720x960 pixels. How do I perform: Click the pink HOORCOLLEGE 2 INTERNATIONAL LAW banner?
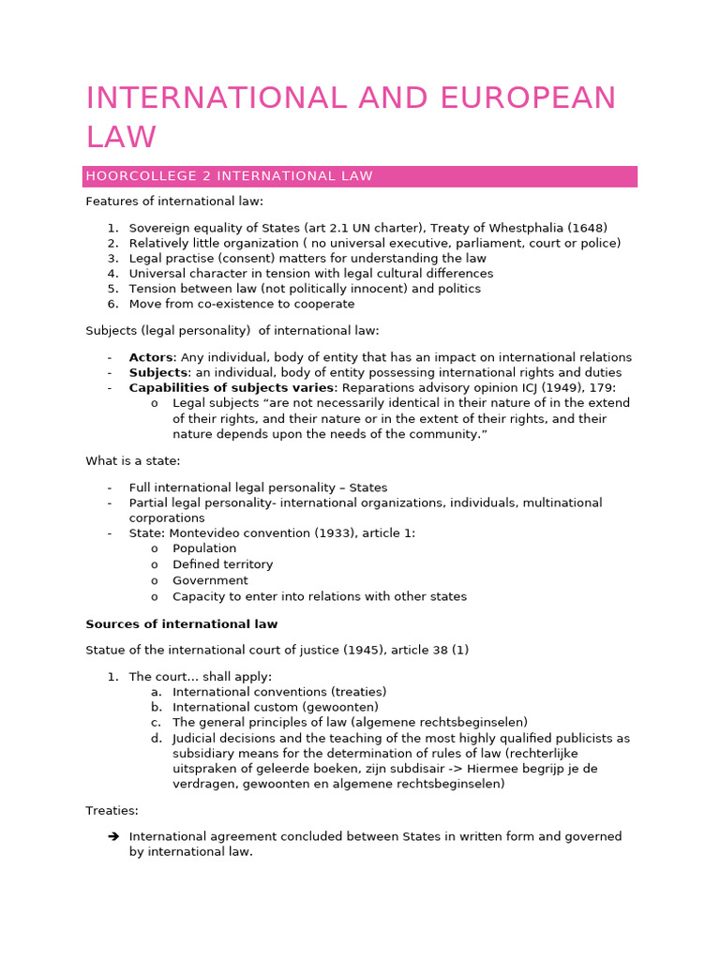click(x=360, y=176)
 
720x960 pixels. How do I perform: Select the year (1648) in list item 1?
click(x=588, y=228)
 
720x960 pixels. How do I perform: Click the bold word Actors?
click(x=151, y=357)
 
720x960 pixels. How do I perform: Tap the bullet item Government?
click(x=210, y=580)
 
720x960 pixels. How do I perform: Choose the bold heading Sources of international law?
click(x=182, y=623)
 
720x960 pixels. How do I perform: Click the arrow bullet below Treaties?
click(x=112, y=836)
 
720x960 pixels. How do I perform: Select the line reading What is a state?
click(x=133, y=460)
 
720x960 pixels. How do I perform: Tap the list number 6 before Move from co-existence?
click(x=112, y=304)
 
